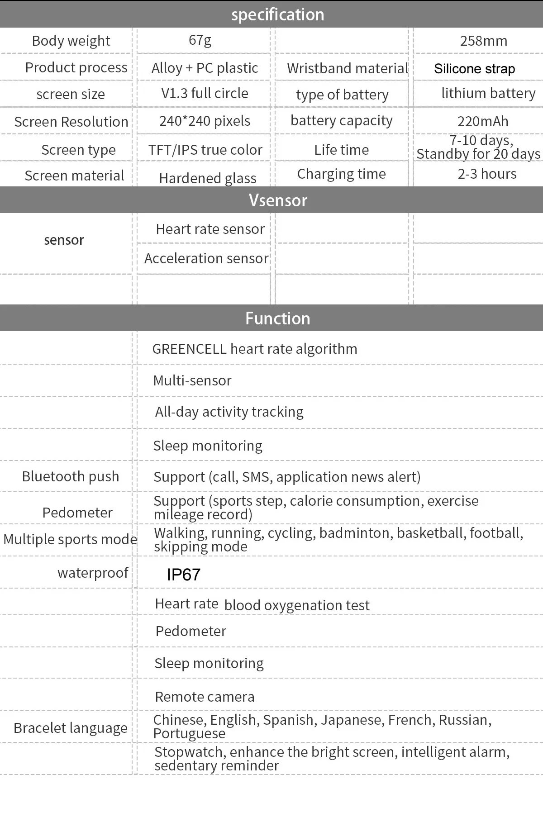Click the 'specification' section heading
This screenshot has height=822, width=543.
pyautogui.click(x=277, y=14)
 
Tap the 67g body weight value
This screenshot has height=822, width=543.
pyautogui.click(x=200, y=40)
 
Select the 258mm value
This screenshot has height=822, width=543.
pyautogui.click(x=483, y=41)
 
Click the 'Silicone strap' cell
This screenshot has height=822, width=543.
pyautogui.click(x=474, y=69)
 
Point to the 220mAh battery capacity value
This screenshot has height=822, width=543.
pyautogui.click(x=483, y=121)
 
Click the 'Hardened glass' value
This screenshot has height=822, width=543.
pyautogui.click(x=208, y=178)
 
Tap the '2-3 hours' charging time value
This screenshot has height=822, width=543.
pyautogui.click(x=487, y=174)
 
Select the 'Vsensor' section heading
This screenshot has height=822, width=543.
pyautogui.click(x=278, y=200)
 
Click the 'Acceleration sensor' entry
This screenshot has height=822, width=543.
pyautogui.click(x=206, y=258)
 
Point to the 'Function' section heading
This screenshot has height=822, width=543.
pyautogui.click(x=277, y=318)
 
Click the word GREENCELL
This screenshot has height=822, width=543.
pyautogui.click(x=189, y=349)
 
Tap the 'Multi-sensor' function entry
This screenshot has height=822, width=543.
pyautogui.click(x=192, y=380)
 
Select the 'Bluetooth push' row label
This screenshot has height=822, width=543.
pyautogui.click(x=71, y=476)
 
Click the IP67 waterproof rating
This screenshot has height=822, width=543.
pyautogui.click(x=183, y=575)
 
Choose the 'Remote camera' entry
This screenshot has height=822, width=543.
pyautogui.click(x=205, y=697)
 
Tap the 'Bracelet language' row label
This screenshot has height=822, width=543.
pyautogui.click(x=71, y=728)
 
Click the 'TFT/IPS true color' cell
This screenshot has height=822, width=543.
pyautogui.click(x=205, y=150)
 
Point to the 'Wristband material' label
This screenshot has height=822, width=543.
pyautogui.click(x=348, y=68)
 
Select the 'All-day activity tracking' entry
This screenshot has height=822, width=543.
pyautogui.click(x=229, y=412)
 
